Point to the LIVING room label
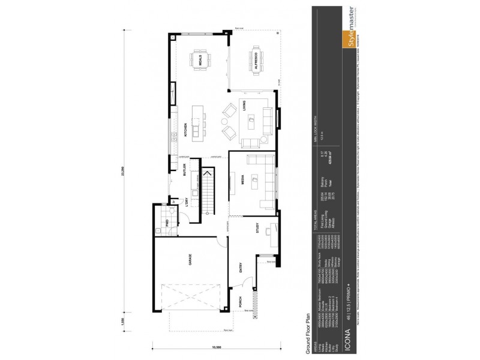pyautogui.click(x=245, y=106)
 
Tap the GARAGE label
pyautogui.click(x=190, y=260)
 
